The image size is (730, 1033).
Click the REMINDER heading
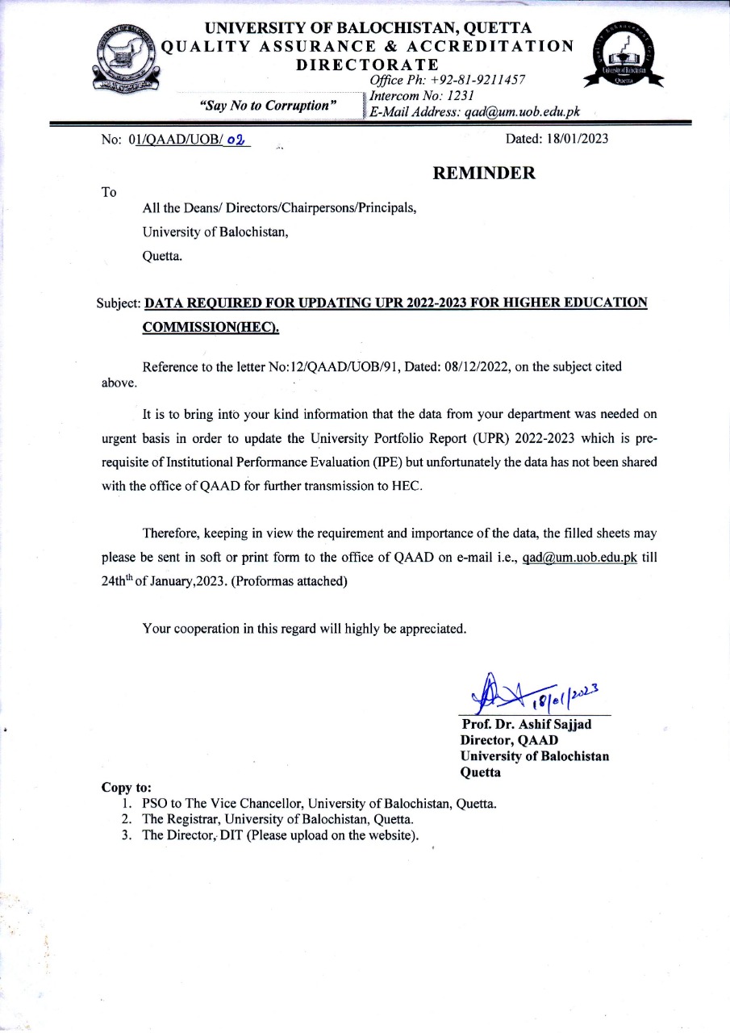point(484,173)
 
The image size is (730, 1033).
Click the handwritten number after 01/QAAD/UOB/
point(236,139)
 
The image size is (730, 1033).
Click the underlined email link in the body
point(580,558)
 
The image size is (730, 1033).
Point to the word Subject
point(118,303)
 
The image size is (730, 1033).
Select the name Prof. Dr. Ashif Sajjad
point(526,724)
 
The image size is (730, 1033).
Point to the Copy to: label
point(126,787)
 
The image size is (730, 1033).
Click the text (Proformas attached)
point(290,582)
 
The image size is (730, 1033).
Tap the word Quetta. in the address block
point(162,257)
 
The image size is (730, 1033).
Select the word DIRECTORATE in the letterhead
point(368,65)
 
